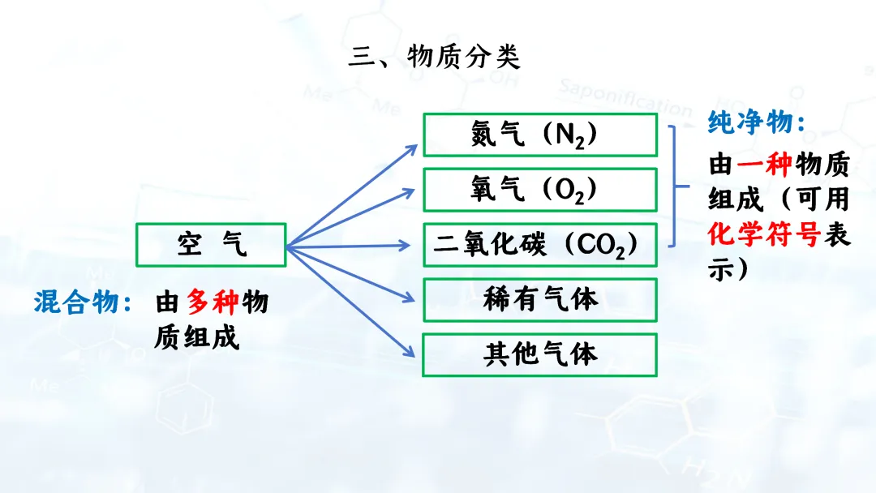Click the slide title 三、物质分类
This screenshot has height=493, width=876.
(x=434, y=58)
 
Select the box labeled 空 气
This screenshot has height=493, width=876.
(x=212, y=244)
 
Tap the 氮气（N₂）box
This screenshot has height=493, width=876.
(x=539, y=135)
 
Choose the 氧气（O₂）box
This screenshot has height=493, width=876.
(x=539, y=189)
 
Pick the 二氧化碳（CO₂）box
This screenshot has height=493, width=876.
(x=539, y=244)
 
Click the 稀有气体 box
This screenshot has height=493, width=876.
(x=539, y=299)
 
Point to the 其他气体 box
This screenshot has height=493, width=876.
(x=539, y=354)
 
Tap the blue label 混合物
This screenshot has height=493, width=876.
(x=82, y=302)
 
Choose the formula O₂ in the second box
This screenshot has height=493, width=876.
(x=569, y=191)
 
